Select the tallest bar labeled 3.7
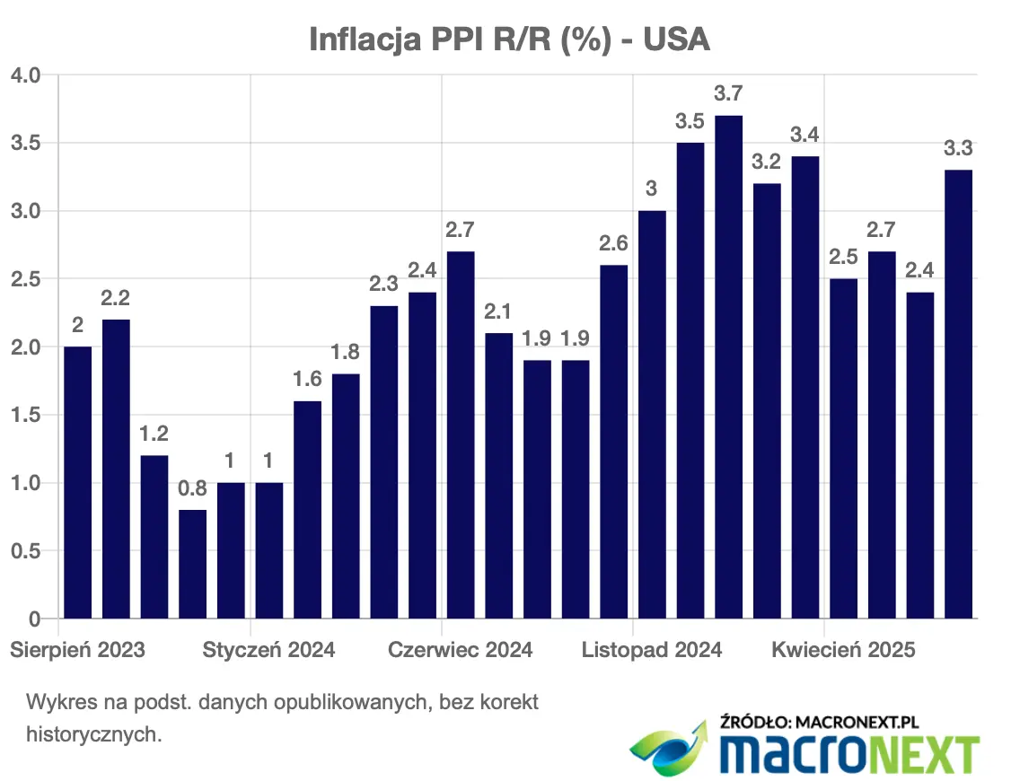[728, 367]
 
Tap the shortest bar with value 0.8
[192, 564]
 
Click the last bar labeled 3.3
[958, 394]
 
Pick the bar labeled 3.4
[805, 387]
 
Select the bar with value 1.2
[154, 537]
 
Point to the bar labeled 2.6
[613, 442]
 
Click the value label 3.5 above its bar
[690, 121]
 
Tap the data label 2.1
[497, 312]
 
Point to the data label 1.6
[307, 379]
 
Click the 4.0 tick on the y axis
[25, 75]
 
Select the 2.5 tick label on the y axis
[25, 279]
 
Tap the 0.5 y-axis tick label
[25, 551]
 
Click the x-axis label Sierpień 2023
[77, 650]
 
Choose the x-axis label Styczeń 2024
[268, 650]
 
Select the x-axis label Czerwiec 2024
[460, 650]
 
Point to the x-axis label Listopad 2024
[652, 650]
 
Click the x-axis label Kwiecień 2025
[843, 650]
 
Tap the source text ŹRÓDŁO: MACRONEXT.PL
[819, 721]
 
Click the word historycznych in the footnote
[93, 735]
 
